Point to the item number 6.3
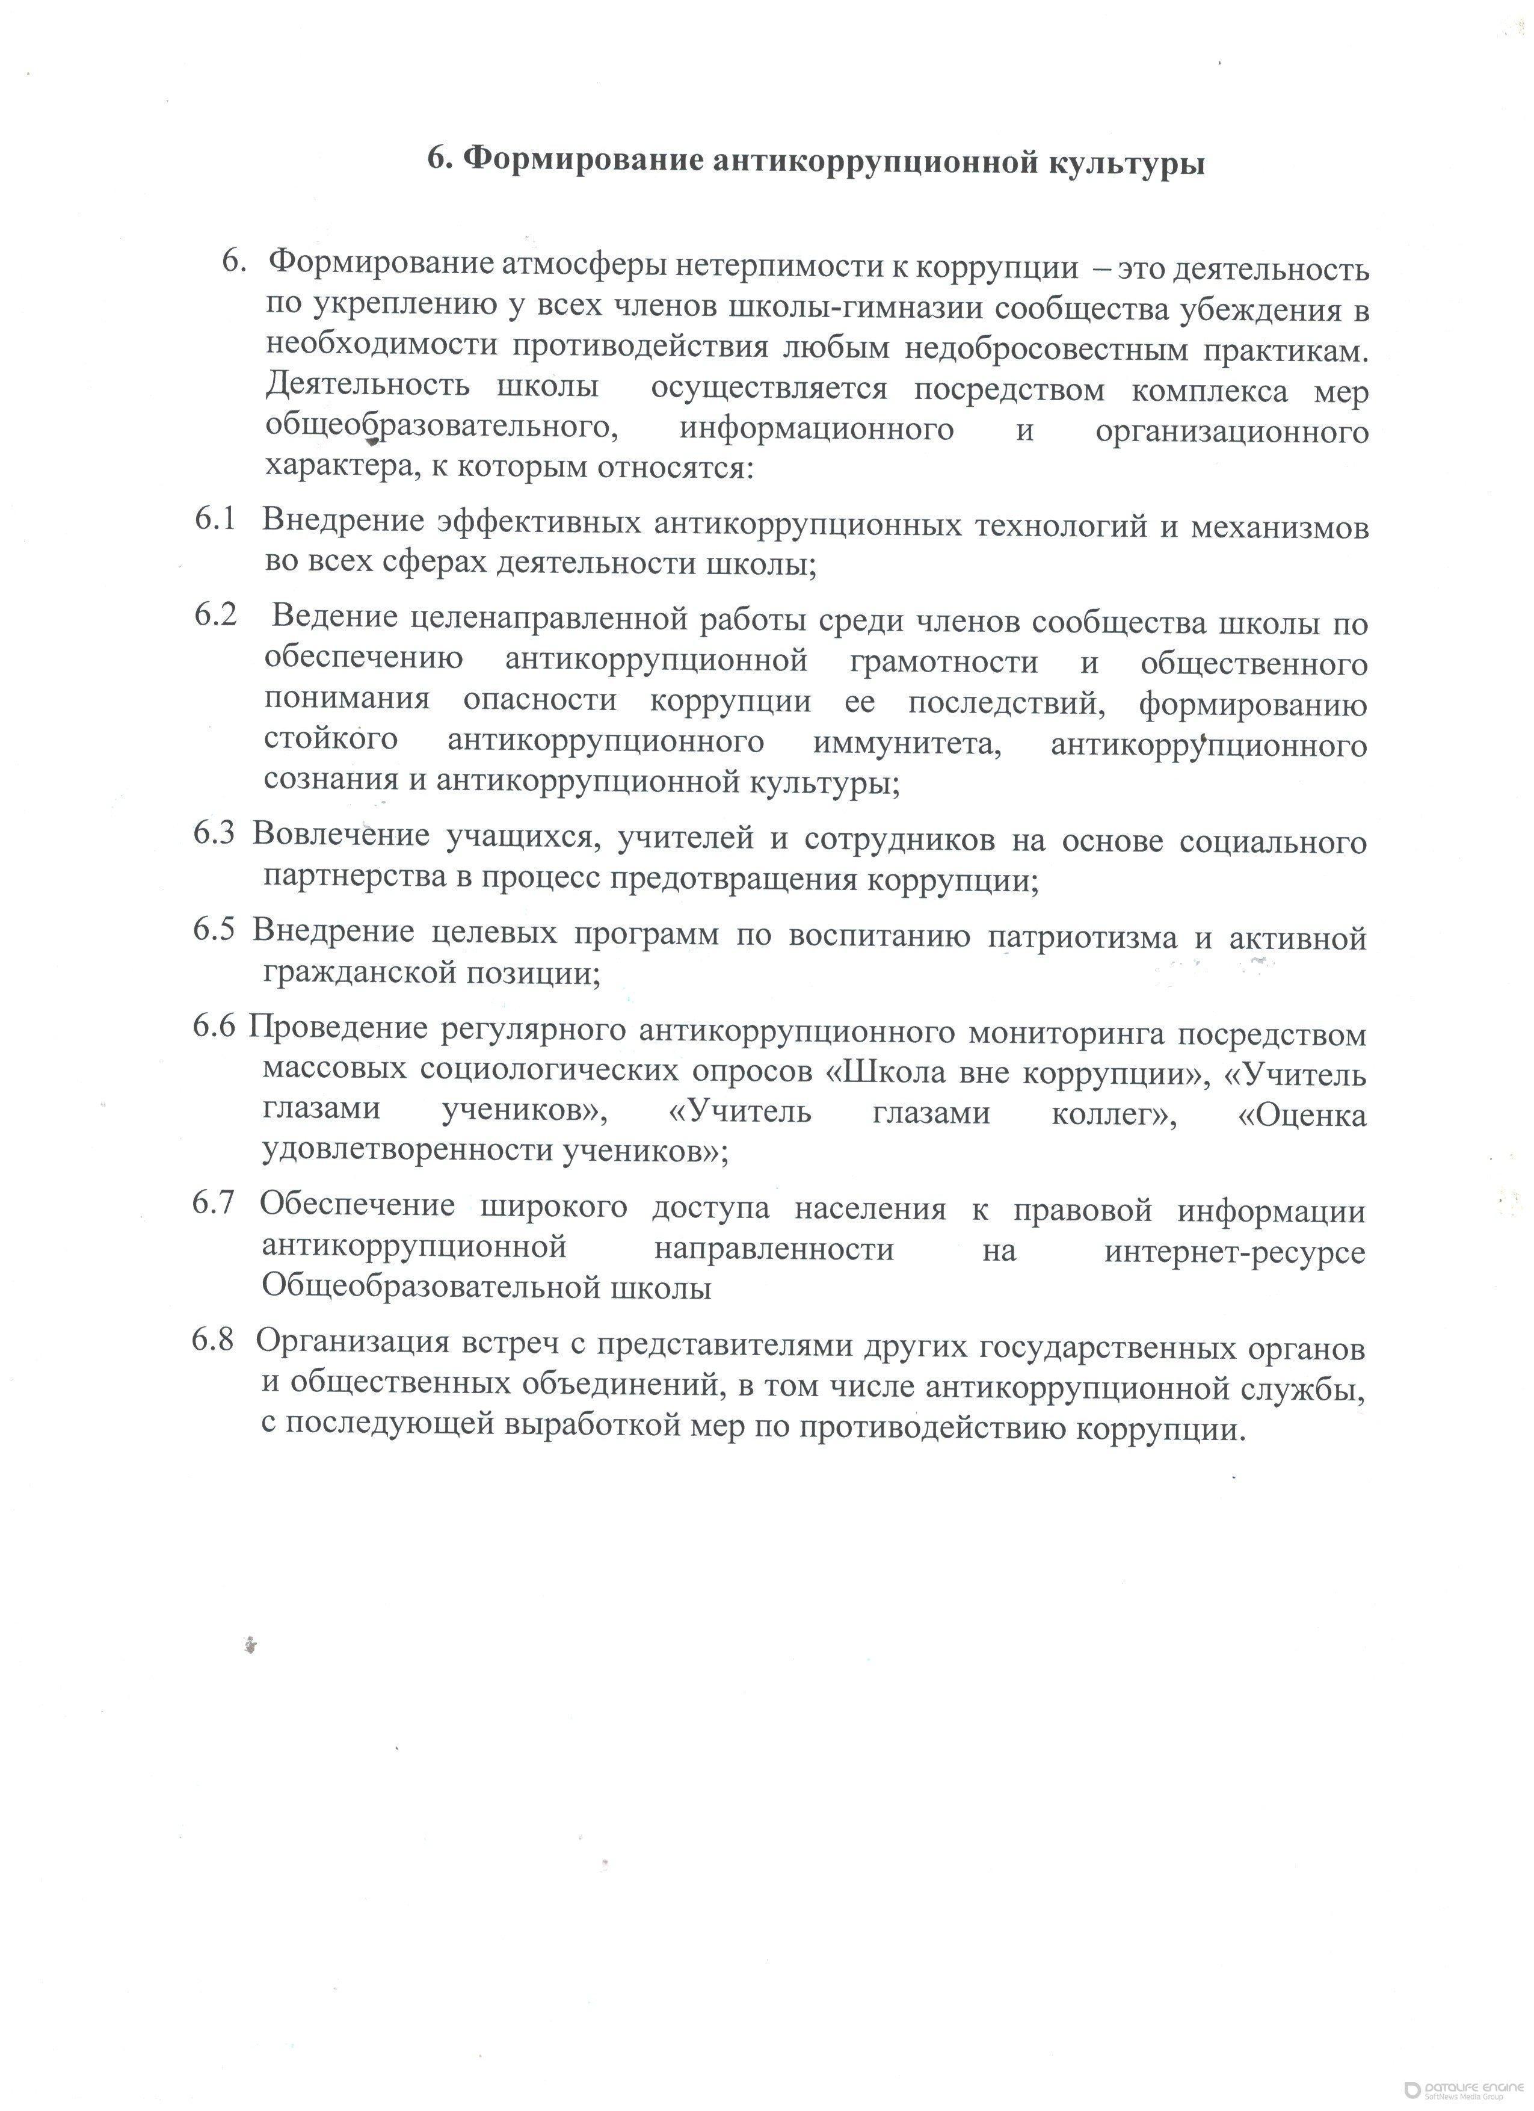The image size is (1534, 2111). [214, 834]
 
